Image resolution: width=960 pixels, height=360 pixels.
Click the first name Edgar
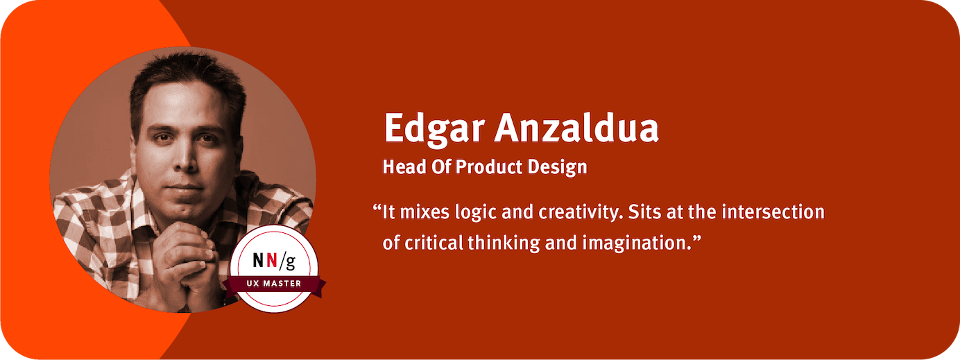click(434, 128)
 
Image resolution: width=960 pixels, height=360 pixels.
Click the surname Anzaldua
click(576, 128)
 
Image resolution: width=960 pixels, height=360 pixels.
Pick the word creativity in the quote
click(581, 213)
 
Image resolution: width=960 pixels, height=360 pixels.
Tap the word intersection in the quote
click(773, 212)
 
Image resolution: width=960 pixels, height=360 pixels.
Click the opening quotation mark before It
click(377, 208)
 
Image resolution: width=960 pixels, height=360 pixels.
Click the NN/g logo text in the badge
click(274, 261)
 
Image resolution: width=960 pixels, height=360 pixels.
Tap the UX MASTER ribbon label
click(274, 283)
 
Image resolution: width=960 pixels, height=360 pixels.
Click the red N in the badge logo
click(272, 260)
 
